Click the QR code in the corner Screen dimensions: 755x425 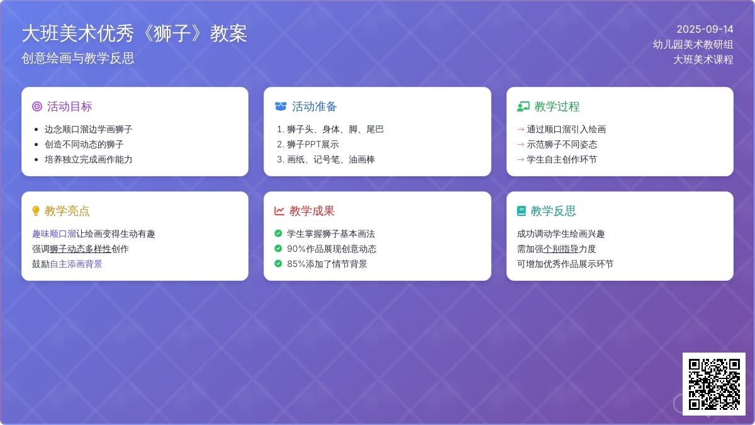[714, 384]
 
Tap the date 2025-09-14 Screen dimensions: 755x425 [705, 30]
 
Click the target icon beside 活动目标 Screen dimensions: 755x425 [37, 106]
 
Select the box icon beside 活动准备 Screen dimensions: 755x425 [281, 106]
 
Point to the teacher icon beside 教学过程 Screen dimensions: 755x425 [523, 106]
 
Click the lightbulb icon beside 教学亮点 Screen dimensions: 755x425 [36, 211]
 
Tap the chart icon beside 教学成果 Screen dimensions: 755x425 [279, 211]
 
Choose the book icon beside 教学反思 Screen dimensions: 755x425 [521, 211]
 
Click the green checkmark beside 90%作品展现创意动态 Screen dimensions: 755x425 [278, 249]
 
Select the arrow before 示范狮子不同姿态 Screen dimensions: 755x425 [520, 144]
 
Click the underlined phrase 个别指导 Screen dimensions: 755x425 [561, 249]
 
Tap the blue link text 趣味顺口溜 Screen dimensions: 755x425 [54, 234]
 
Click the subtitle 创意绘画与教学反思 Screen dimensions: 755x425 [78, 58]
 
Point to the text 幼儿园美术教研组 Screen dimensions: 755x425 [693, 44]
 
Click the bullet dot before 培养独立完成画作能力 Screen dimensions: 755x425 [36, 159]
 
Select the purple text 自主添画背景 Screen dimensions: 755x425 [76, 264]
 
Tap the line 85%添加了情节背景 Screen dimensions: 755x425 [327, 264]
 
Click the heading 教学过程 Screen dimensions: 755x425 [557, 106]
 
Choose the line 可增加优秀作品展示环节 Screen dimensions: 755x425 [565, 264]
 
